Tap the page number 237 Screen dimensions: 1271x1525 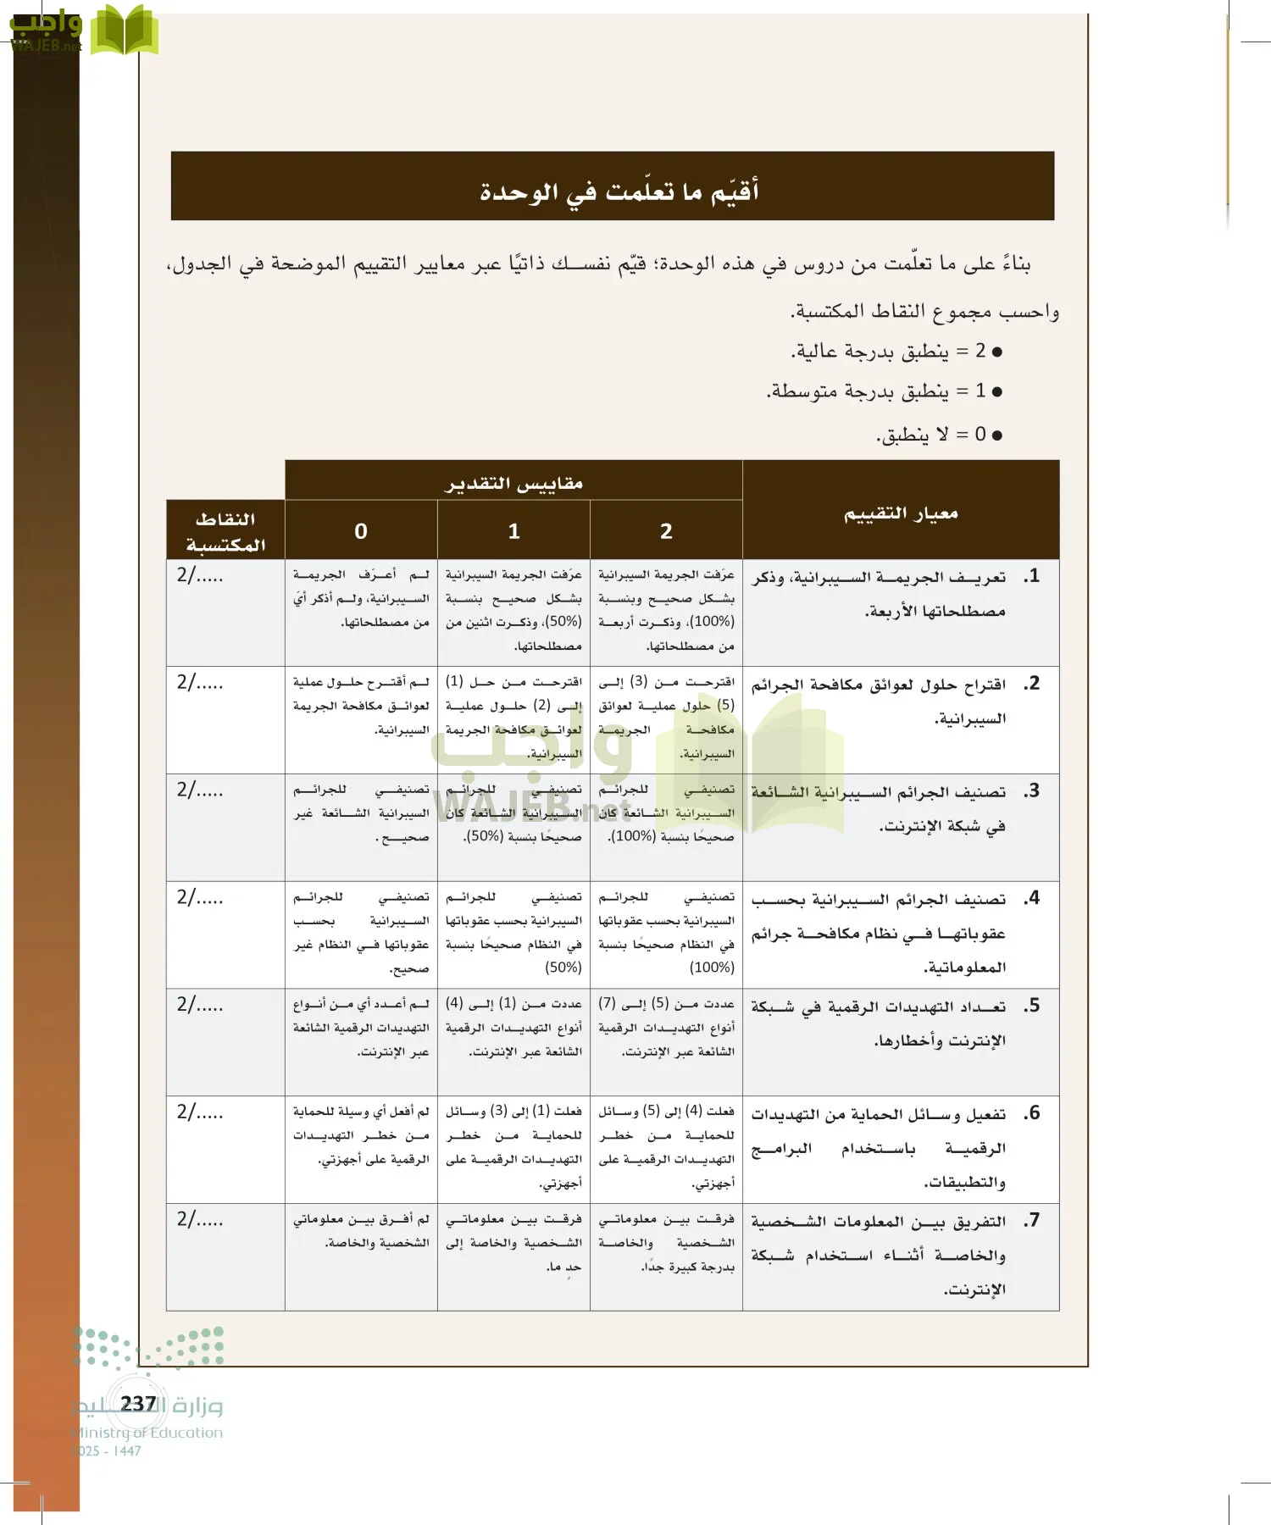[x=138, y=1404]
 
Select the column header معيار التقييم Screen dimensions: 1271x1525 [x=900, y=513]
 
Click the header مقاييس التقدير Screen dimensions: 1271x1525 [x=513, y=483]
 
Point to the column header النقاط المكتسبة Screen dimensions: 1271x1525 [x=225, y=531]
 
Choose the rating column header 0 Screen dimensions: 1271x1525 [x=361, y=531]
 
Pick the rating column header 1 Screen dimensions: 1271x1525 [x=513, y=531]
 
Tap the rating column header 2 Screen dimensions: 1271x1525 [x=666, y=531]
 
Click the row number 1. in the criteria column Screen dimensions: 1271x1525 [x=1031, y=576]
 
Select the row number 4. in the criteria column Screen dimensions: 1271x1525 [x=1031, y=898]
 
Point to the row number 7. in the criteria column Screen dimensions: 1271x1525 [x=1031, y=1221]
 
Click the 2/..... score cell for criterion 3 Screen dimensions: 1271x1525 [x=200, y=790]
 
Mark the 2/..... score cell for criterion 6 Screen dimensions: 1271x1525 [x=200, y=1112]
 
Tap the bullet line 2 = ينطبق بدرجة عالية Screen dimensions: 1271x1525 [x=896, y=351]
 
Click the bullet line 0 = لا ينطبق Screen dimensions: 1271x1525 [x=939, y=435]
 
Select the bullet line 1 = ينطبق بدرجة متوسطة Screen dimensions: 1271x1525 [x=885, y=391]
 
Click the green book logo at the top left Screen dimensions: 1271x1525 [x=124, y=30]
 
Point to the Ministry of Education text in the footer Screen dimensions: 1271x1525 [x=148, y=1433]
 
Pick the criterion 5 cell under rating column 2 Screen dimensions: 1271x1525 [x=666, y=1028]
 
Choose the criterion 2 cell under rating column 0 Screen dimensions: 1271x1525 [x=361, y=706]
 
